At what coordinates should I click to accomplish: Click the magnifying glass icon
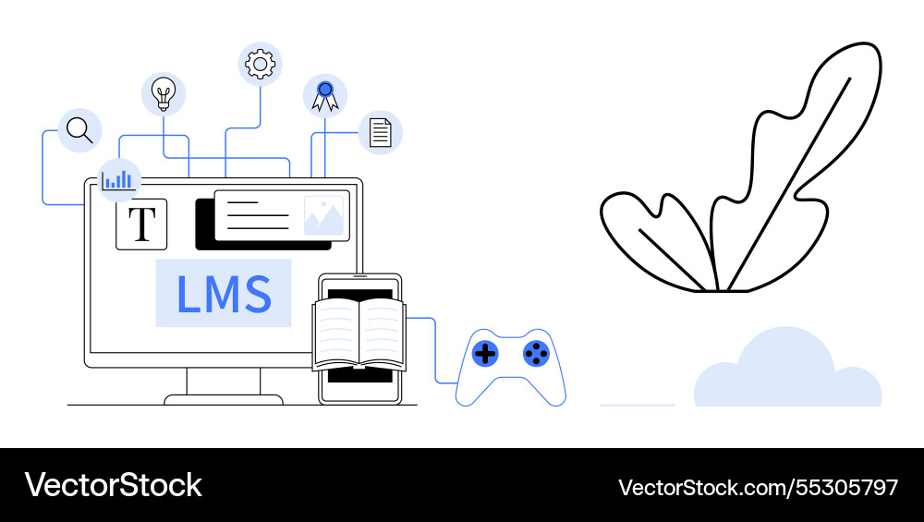(79, 130)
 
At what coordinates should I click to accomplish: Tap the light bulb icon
(164, 94)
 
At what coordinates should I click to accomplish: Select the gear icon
(260, 63)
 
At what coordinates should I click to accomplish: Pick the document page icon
(380, 131)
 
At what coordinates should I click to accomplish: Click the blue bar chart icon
(118, 180)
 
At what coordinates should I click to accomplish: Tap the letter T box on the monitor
(141, 224)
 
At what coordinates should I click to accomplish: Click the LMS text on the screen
(224, 293)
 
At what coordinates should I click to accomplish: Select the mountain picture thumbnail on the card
(323, 215)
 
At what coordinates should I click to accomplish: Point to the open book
(359, 334)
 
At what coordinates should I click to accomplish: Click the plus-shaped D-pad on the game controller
(485, 353)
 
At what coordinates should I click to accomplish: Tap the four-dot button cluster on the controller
(536, 353)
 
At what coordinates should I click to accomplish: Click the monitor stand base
(224, 399)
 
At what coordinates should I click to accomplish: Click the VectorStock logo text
(113, 485)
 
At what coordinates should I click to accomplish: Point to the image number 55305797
(758, 486)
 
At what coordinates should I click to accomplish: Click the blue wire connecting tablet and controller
(435, 351)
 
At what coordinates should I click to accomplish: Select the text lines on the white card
(258, 215)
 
